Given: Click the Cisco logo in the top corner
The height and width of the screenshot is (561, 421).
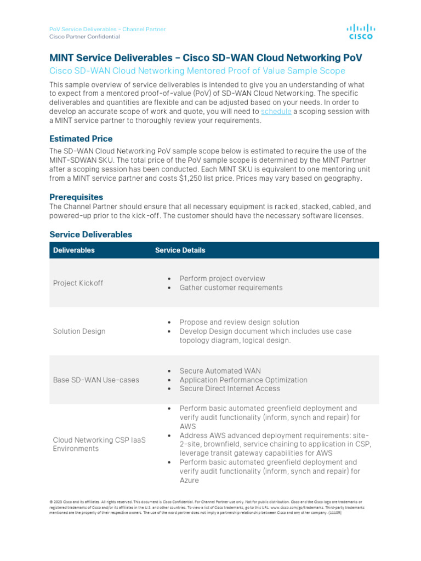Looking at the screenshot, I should click(x=360, y=32).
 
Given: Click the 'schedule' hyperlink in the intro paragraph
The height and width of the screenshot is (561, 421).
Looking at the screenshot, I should click(x=276, y=112).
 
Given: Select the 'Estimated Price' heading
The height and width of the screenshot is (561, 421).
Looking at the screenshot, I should click(x=81, y=139).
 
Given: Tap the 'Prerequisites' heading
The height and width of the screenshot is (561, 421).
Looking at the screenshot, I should click(x=76, y=197).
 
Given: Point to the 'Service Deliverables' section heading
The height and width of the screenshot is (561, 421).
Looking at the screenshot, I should click(x=90, y=234).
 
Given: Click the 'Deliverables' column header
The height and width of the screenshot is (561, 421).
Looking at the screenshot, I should click(x=73, y=250).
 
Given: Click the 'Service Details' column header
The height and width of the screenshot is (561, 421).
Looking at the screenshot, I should click(x=180, y=250).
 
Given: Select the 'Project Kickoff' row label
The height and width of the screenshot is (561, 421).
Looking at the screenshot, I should click(x=78, y=283).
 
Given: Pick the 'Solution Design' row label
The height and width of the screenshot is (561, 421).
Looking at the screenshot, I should click(x=79, y=331).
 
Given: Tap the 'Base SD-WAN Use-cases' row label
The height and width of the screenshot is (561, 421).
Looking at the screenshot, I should click(x=96, y=380).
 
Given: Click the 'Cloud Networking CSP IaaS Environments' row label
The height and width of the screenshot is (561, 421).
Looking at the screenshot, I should click(x=99, y=444).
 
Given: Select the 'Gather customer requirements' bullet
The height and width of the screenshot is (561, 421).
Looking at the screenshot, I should click(x=231, y=288).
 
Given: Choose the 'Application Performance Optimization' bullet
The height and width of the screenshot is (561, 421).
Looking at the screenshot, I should click(x=243, y=380).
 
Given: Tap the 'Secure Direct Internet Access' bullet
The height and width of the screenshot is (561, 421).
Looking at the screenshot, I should click(x=230, y=388).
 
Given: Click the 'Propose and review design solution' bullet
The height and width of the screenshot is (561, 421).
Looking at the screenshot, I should click(x=239, y=322).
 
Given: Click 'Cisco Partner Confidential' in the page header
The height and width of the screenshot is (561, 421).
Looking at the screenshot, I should click(x=84, y=37).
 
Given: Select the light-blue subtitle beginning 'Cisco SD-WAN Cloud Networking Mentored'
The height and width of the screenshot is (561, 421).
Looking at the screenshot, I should click(x=197, y=71).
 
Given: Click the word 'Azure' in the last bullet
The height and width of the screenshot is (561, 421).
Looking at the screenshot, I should click(x=189, y=480).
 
